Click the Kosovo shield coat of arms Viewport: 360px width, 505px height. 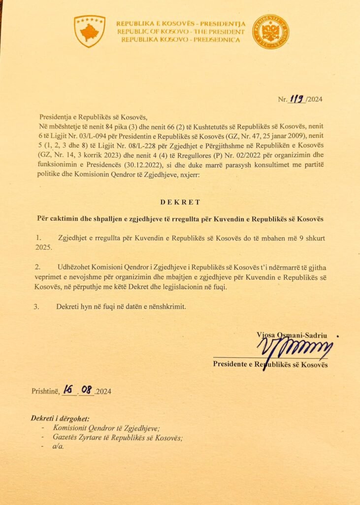coord(89,31)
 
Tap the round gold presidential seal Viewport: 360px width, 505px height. coord(270,31)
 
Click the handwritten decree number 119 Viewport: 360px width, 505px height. coord(297,99)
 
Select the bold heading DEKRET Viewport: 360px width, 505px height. coord(180,202)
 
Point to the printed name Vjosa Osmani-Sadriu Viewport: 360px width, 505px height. coord(292,335)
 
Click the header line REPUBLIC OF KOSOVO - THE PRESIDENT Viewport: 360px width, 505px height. coord(180,31)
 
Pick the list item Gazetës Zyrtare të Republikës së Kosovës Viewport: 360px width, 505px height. coord(118,437)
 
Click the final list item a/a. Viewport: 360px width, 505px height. coord(59,446)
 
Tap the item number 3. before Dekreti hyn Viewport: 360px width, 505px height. coord(36,306)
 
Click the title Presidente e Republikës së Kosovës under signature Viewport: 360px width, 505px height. coord(270,365)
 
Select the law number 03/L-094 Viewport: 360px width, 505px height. coord(97,137)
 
